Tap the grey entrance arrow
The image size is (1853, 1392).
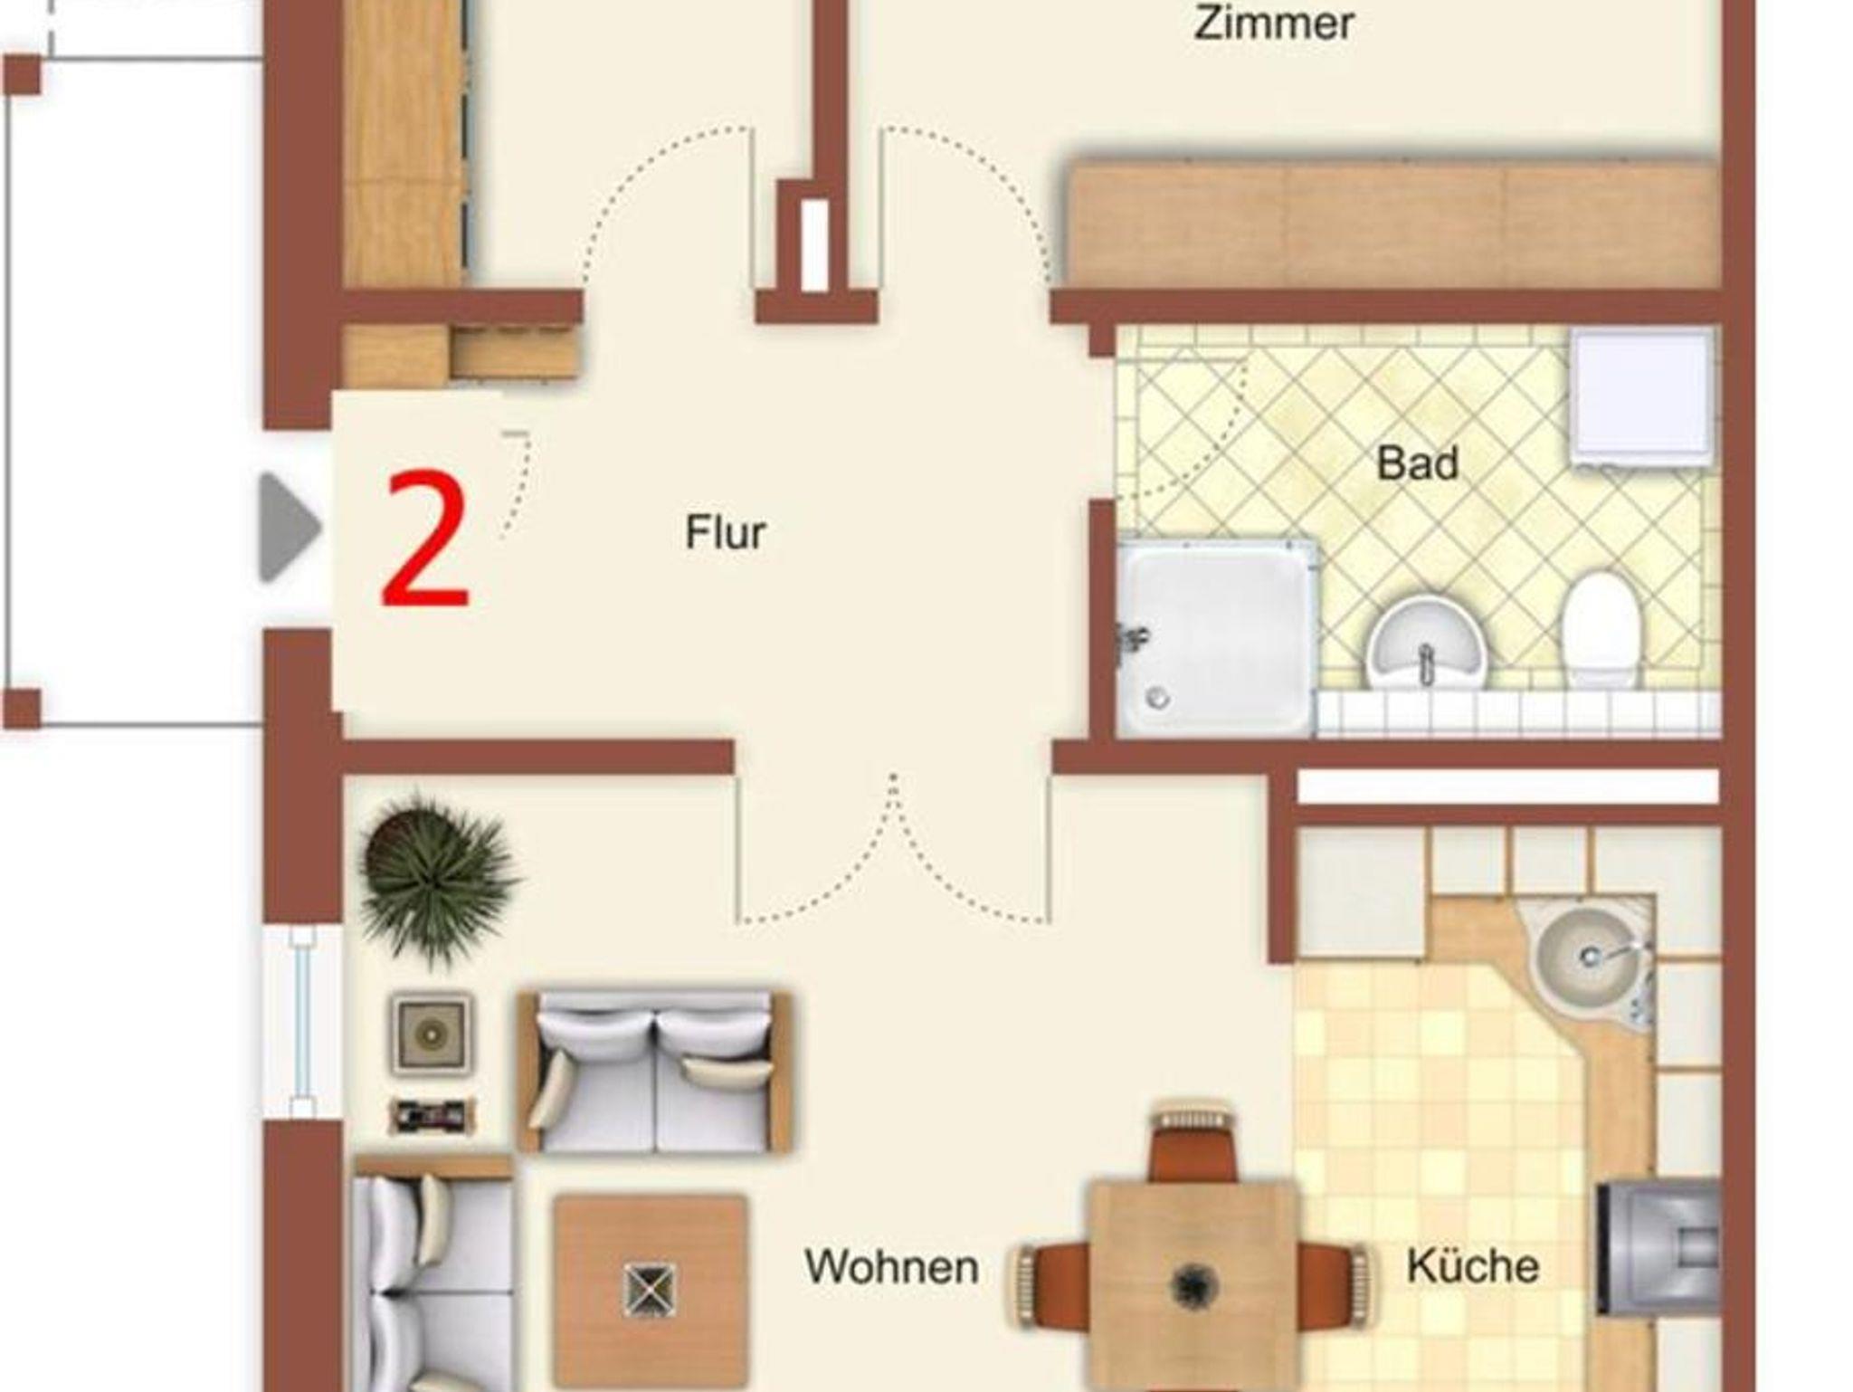coord(290,527)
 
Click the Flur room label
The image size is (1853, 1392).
coord(726,532)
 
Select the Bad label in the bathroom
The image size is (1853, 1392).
coord(1417,463)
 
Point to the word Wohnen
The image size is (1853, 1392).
coord(892,1267)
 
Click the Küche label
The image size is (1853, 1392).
coord(1473,1265)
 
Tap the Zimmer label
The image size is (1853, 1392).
coord(1274,23)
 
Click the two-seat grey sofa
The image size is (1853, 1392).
coord(654,1073)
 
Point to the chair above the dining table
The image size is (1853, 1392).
coord(1192,1142)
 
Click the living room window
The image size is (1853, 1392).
coord(302,1023)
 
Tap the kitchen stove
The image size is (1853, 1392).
coord(1658,1247)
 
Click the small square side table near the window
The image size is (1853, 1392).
coord(431,1033)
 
